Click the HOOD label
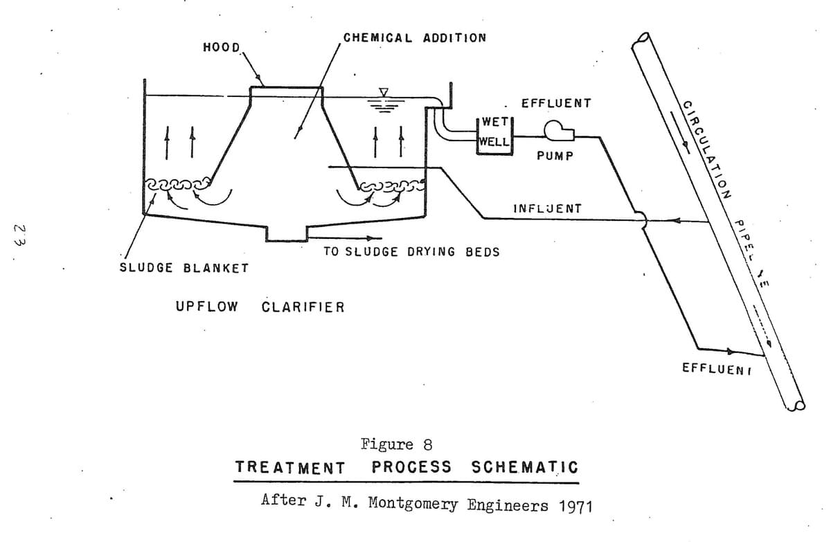(x=221, y=48)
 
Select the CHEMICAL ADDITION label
(x=415, y=37)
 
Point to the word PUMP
(x=555, y=156)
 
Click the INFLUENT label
(x=547, y=208)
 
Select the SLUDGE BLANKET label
(x=184, y=268)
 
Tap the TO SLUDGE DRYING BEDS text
(x=411, y=252)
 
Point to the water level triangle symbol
(x=382, y=92)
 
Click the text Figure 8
(x=397, y=444)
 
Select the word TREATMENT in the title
(x=290, y=467)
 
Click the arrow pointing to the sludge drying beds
(x=357, y=239)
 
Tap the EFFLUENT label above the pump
(x=556, y=103)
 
